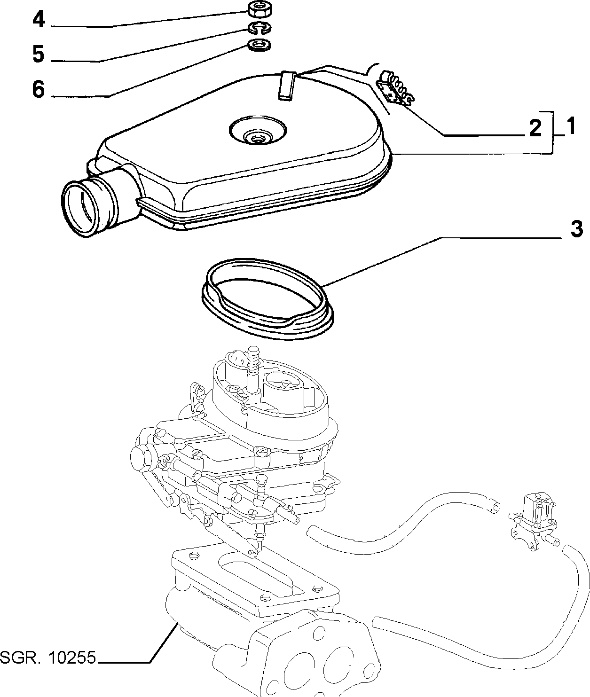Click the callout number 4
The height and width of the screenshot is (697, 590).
coord(39,20)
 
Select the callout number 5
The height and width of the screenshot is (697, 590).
coord(39,55)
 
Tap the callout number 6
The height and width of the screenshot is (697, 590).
coord(39,89)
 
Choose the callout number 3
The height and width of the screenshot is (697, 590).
coord(576,229)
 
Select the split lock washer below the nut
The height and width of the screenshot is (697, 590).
coord(259,28)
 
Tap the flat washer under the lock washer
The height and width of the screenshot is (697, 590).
coord(259,45)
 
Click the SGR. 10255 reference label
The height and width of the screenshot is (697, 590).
coord(48,658)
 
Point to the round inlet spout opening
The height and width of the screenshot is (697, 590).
coord(80,208)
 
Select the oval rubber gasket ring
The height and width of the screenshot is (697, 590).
coord(267,298)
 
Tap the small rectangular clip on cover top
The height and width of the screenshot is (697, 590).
coord(287,86)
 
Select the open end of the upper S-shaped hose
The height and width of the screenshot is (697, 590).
coord(494,507)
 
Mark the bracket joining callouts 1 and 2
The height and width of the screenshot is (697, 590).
coord(552,132)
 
